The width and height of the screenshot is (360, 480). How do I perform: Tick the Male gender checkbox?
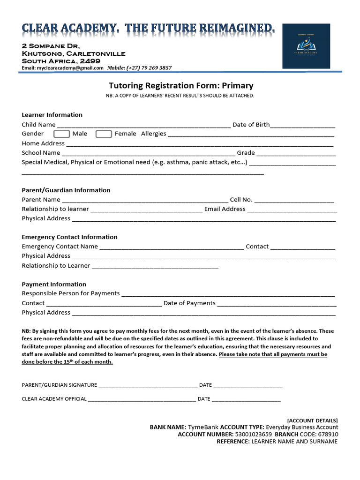coord(62,134)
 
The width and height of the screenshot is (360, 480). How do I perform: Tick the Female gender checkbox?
coord(104,134)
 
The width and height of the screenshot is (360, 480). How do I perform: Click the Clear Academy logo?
coord(306,46)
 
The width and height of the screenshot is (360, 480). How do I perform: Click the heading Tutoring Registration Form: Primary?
coord(181,86)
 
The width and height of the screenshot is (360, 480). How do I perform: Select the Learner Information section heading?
coord(52,115)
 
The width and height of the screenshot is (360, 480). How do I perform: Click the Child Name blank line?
coord(143,126)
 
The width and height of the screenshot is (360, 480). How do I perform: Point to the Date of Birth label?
coord(251,125)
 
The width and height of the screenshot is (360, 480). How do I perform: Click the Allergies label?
coord(154,134)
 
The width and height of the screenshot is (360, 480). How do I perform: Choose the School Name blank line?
coord(148,154)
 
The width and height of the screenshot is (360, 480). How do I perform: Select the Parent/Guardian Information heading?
coord(66,190)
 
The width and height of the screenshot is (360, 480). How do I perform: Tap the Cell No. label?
coord(241,200)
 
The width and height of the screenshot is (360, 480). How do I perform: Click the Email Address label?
coord(225,209)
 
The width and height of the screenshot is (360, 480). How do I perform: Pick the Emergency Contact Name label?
coord(60,247)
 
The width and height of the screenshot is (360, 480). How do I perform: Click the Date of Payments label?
coord(189,303)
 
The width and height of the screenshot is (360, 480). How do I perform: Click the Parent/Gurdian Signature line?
coord(148,386)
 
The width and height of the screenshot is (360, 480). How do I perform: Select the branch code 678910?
coord(328,435)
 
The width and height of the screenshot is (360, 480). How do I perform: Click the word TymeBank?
coord(203,427)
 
